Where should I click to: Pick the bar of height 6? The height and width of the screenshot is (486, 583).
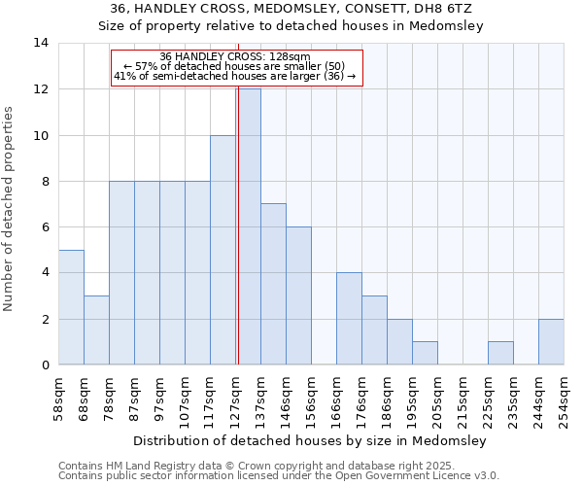[x=298, y=295]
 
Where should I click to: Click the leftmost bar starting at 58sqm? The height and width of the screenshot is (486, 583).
[x=71, y=307]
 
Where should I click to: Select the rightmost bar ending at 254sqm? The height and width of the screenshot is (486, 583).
[x=551, y=341]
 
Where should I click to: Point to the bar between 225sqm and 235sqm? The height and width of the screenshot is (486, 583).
[x=500, y=353]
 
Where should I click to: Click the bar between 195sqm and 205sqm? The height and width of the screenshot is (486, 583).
[x=425, y=353]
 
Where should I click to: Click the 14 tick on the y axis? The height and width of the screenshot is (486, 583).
[x=42, y=43]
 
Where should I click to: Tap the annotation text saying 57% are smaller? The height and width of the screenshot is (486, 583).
[x=235, y=66]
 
